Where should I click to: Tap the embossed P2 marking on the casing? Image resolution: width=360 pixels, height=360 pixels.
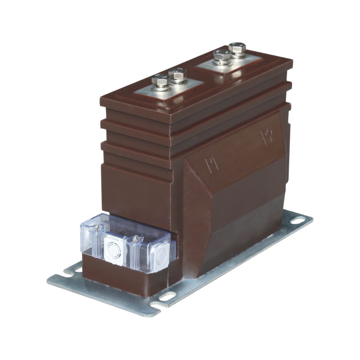tap(266, 137)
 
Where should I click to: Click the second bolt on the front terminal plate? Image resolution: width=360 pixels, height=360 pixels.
tap(178, 74)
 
